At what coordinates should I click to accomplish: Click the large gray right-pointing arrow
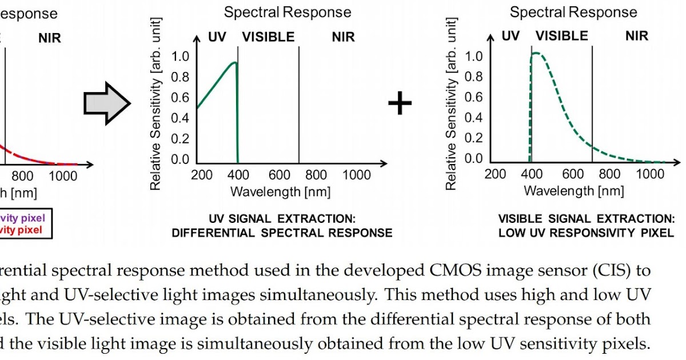[106, 103]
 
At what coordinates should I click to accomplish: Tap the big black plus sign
[400, 103]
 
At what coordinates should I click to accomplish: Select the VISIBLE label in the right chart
[561, 36]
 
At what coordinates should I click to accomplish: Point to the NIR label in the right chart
[636, 36]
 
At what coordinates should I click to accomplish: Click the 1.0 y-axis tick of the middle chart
[180, 57]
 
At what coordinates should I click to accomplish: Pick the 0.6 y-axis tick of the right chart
[475, 97]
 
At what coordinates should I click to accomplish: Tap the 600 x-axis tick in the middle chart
[280, 175]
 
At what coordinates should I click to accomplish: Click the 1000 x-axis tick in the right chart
[650, 174]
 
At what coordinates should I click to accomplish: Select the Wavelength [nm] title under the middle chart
[280, 191]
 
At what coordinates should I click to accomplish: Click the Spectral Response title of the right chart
[573, 12]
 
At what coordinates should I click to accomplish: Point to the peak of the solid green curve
[234, 63]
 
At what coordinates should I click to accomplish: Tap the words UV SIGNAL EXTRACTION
[282, 219]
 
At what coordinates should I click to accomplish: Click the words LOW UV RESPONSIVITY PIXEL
[586, 233]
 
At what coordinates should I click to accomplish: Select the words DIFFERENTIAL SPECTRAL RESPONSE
[282, 233]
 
